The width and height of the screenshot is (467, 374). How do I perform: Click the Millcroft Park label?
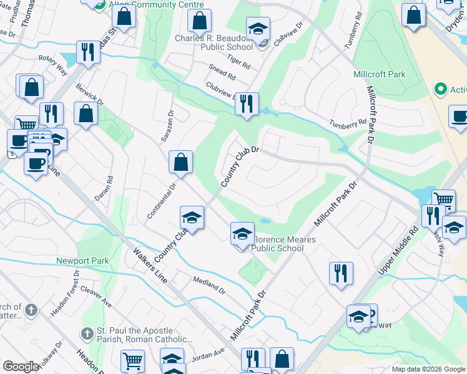[379, 74]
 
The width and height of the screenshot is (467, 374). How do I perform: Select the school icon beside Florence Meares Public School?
[242, 234]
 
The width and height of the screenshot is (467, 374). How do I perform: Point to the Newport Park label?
[82, 261]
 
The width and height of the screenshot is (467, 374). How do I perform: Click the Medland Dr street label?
[209, 284]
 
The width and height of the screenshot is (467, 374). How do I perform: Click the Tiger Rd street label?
[239, 62]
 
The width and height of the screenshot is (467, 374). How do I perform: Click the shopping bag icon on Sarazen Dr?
[180, 163]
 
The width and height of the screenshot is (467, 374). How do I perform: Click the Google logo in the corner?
[21, 366]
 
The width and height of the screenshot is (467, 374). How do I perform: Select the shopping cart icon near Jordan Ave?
[132, 360]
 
